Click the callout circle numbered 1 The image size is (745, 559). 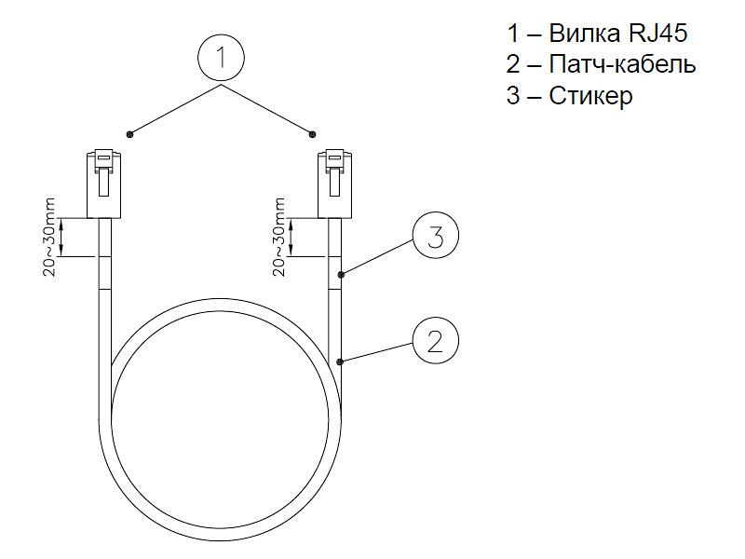coord(221,58)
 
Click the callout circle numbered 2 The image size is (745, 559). coord(435,342)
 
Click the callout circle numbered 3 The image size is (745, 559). coord(435,238)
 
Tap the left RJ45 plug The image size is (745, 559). coord(105,183)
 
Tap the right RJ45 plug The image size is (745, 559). coord(335,183)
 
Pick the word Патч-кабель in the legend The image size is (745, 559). coord(623,65)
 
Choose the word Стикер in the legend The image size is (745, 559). coord(590,96)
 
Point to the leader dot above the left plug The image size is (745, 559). coord(130,134)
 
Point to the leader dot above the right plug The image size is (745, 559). coord(313,133)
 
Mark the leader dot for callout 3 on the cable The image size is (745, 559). coord(342,275)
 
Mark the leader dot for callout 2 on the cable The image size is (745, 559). coord(342,361)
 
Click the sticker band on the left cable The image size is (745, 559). coord(105,272)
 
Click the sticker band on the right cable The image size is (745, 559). coord(335,272)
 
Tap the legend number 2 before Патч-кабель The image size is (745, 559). coord(514,65)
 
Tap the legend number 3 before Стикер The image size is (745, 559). coord(514,96)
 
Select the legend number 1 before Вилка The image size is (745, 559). coord(514,34)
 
